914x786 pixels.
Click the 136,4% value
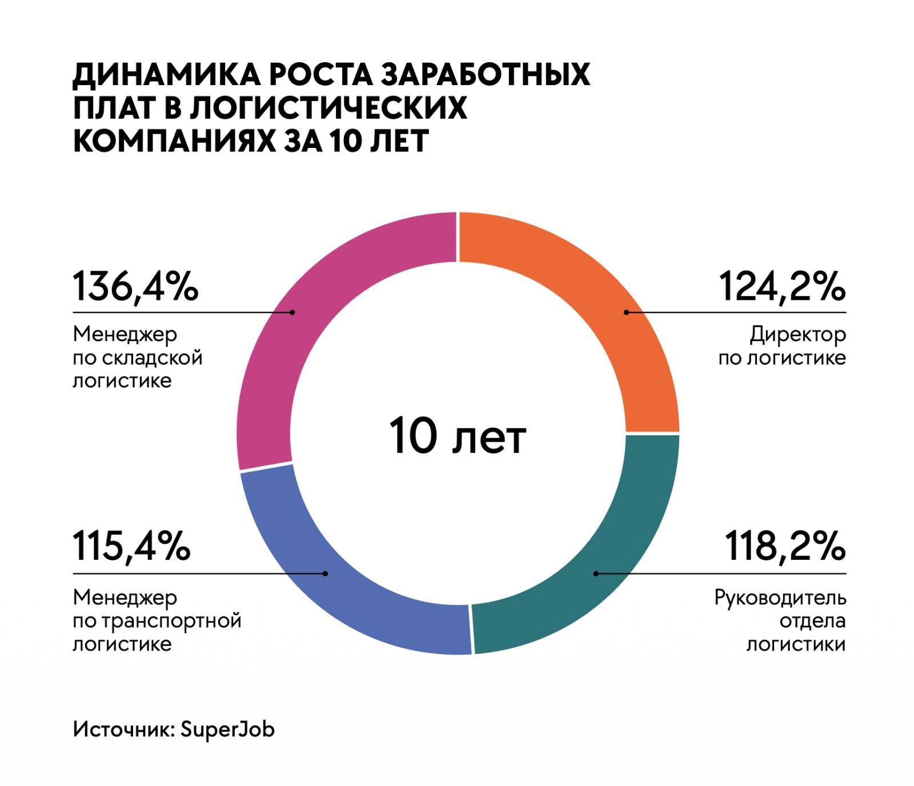[x=135, y=286]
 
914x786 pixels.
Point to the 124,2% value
[x=782, y=286]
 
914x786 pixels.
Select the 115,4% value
[x=131, y=546]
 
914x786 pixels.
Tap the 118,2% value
[x=785, y=546]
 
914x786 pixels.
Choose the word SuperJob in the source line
[x=227, y=729]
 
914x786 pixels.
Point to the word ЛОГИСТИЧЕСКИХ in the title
[x=328, y=107]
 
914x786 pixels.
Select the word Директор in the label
[x=797, y=335]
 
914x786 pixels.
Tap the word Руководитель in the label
[x=780, y=598]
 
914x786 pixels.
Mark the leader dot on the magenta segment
[x=292, y=312]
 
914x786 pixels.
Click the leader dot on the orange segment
[x=626, y=312]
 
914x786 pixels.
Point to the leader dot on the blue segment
[x=326, y=574]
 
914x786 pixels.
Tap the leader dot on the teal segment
[x=595, y=574]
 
